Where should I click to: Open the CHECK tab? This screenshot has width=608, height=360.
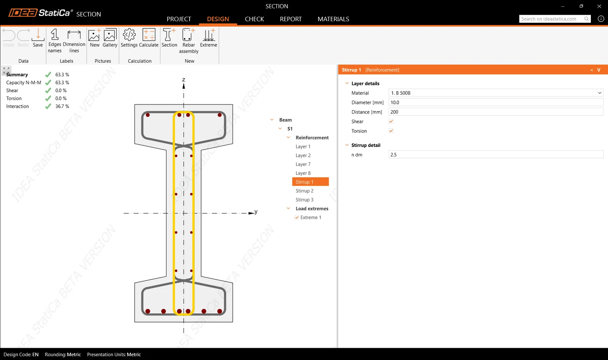(254, 19)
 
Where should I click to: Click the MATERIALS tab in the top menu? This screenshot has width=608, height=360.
(333, 19)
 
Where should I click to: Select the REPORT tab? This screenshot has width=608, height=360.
(291, 19)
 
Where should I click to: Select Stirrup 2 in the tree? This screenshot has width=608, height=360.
(304, 191)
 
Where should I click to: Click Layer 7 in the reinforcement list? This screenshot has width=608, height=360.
(303, 164)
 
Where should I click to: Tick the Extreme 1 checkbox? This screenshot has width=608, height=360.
(297, 217)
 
